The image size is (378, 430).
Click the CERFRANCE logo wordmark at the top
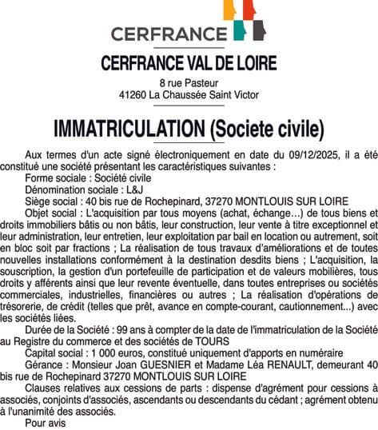click(x=169, y=34)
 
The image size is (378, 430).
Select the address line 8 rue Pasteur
click(x=189, y=82)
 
